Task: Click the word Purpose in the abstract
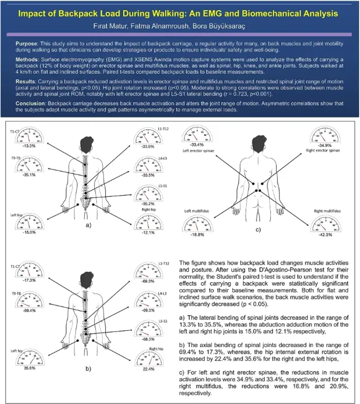pos(27,44)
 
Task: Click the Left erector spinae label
pos(197,151)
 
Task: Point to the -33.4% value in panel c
pos(197,145)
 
